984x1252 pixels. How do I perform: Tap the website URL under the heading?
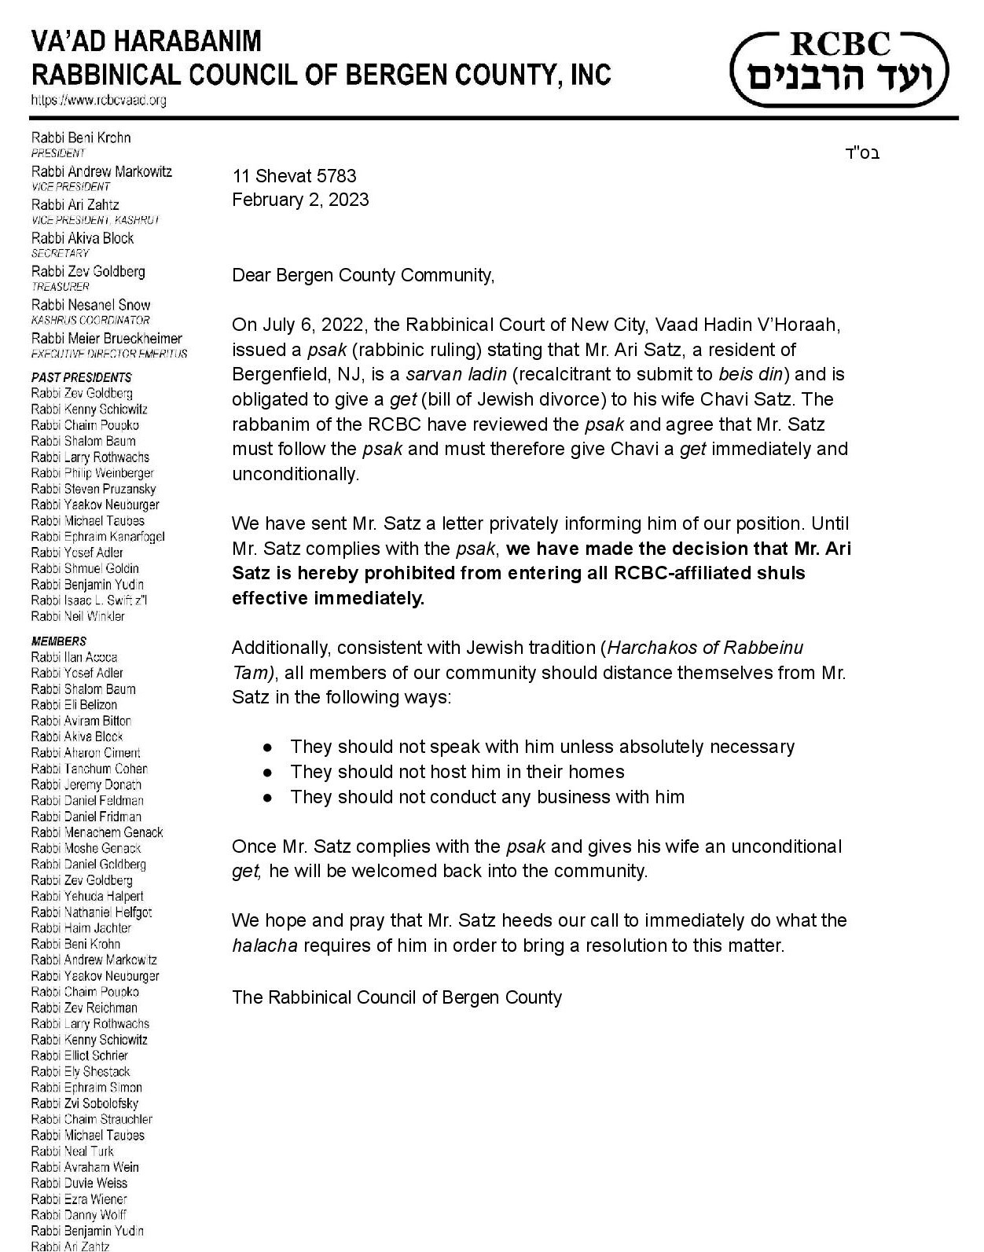(x=98, y=101)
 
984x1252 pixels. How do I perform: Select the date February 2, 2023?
(x=300, y=200)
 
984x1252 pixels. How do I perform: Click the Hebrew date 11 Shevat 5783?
(x=294, y=175)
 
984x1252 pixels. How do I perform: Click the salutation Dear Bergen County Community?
(x=363, y=275)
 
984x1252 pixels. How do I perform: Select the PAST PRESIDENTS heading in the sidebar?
(x=82, y=377)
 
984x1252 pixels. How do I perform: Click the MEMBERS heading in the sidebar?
(x=59, y=641)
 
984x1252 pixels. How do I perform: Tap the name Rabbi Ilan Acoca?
(x=75, y=657)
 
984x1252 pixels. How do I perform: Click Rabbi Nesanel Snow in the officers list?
(x=90, y=305)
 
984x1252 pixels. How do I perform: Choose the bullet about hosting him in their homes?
(x=457, y=772)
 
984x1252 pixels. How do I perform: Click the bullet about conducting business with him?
(x=486, y=797)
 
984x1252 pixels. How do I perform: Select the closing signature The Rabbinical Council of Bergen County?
(x=397, y=997)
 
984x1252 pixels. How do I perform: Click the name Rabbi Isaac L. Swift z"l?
(x=90, y=600)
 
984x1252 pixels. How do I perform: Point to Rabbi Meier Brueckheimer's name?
(x=106, y=338)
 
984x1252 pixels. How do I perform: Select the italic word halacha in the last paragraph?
(x=265, y=945)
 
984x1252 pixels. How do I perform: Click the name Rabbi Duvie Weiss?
(x=79, y=1183)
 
